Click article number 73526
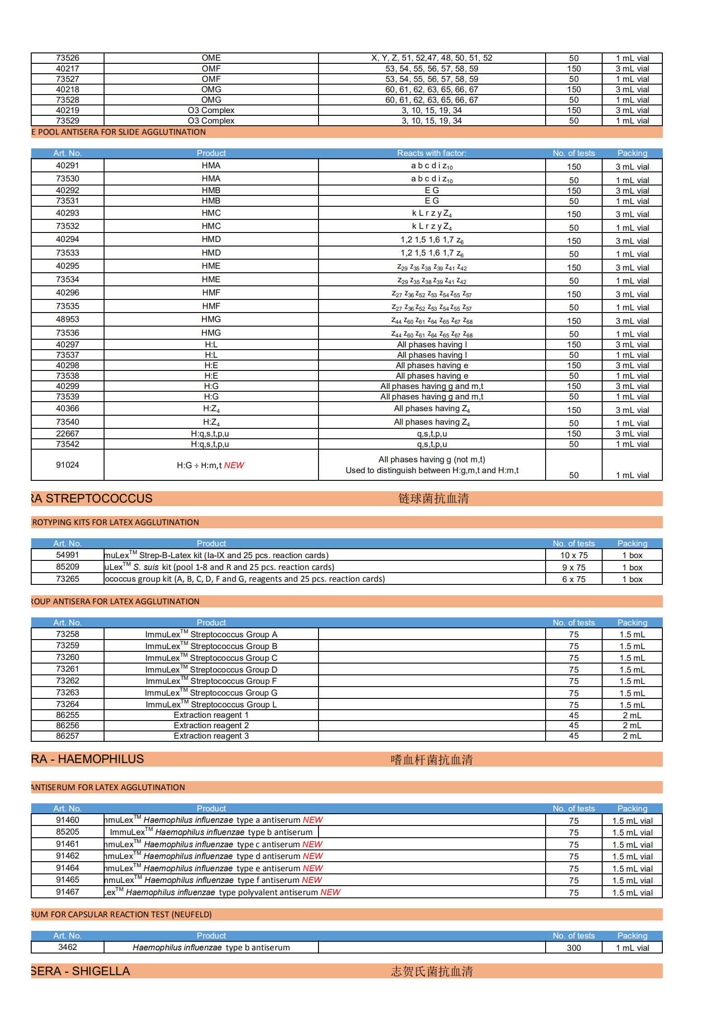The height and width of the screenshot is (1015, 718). pos(67,58)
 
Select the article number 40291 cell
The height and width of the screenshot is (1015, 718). pos(67,166)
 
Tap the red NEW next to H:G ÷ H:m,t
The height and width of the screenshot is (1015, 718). pos(234,465)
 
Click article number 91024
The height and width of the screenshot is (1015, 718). pos(67,465)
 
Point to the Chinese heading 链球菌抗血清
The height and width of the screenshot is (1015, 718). pos(433,498)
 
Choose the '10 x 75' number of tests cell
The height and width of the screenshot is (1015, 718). pos(574,555)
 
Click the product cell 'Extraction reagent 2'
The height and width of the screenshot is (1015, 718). pos(211,726)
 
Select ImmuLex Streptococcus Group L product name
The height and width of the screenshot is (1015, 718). pos(211,704)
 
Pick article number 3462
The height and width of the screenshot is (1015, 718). pos(67,947)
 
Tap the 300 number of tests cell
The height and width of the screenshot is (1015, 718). pos(574,948)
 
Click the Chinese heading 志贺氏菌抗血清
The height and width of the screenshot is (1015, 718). pos(432,971)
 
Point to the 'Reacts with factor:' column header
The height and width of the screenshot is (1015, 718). pos(432,153)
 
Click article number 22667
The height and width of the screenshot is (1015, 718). pos(67,434)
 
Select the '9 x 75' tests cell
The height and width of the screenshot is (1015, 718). pos(574,567)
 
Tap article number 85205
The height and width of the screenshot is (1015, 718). pos(67,832)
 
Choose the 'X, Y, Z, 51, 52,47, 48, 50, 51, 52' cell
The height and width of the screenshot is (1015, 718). pos(432,58)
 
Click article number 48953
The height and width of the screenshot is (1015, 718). pos(67,319)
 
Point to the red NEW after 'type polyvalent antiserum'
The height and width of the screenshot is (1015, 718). pos(330,892)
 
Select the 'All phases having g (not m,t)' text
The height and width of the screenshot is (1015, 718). pos(432,460)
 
